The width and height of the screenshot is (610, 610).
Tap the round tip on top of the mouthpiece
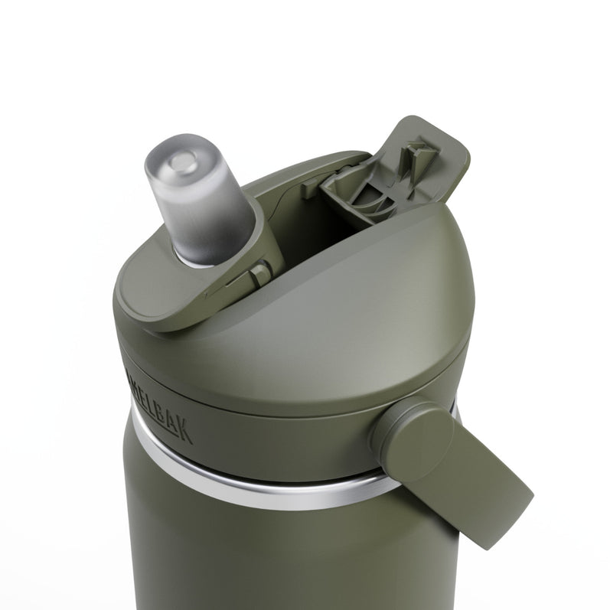click(182, 160)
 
